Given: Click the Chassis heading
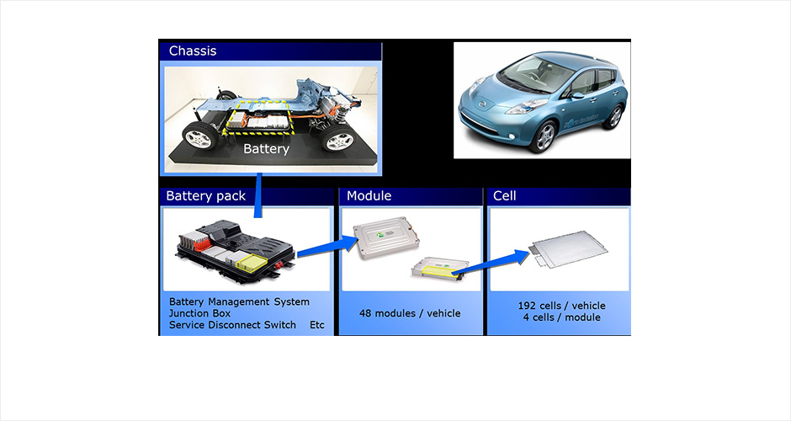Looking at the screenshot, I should coord(193,51).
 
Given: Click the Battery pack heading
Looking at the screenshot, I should coord(206,196).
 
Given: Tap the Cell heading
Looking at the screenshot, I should coord(505,196).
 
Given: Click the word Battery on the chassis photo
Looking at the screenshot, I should coord(266,149).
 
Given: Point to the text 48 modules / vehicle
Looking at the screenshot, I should coord(410,313).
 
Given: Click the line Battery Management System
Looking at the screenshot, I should coord(239,301).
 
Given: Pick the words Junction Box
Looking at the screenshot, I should coord(200,313).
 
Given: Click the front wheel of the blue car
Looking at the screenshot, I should coord(544,135).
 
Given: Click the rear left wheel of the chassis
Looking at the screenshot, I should coord(199,136).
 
